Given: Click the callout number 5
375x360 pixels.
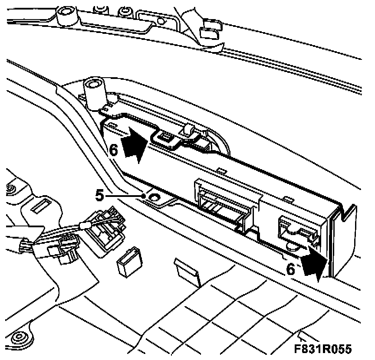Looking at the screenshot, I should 100,196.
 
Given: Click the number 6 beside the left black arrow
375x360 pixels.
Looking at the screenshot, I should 113,150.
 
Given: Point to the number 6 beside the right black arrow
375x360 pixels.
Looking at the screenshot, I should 292,269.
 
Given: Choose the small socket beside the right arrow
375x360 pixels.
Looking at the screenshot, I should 295,229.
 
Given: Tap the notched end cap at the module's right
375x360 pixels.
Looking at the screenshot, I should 343,239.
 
